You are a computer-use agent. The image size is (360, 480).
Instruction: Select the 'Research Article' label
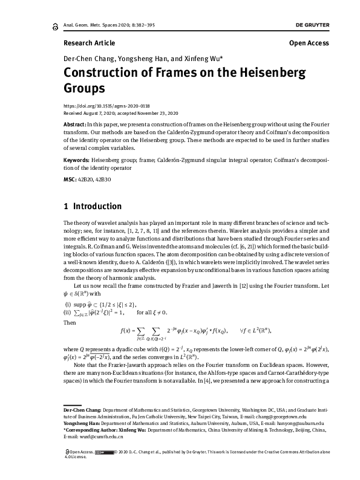[89, 43]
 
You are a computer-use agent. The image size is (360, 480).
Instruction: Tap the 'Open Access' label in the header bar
[309, 43]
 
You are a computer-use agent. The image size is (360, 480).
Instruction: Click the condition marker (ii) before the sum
[68, 312]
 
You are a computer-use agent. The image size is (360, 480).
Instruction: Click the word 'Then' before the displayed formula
[70, 322]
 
